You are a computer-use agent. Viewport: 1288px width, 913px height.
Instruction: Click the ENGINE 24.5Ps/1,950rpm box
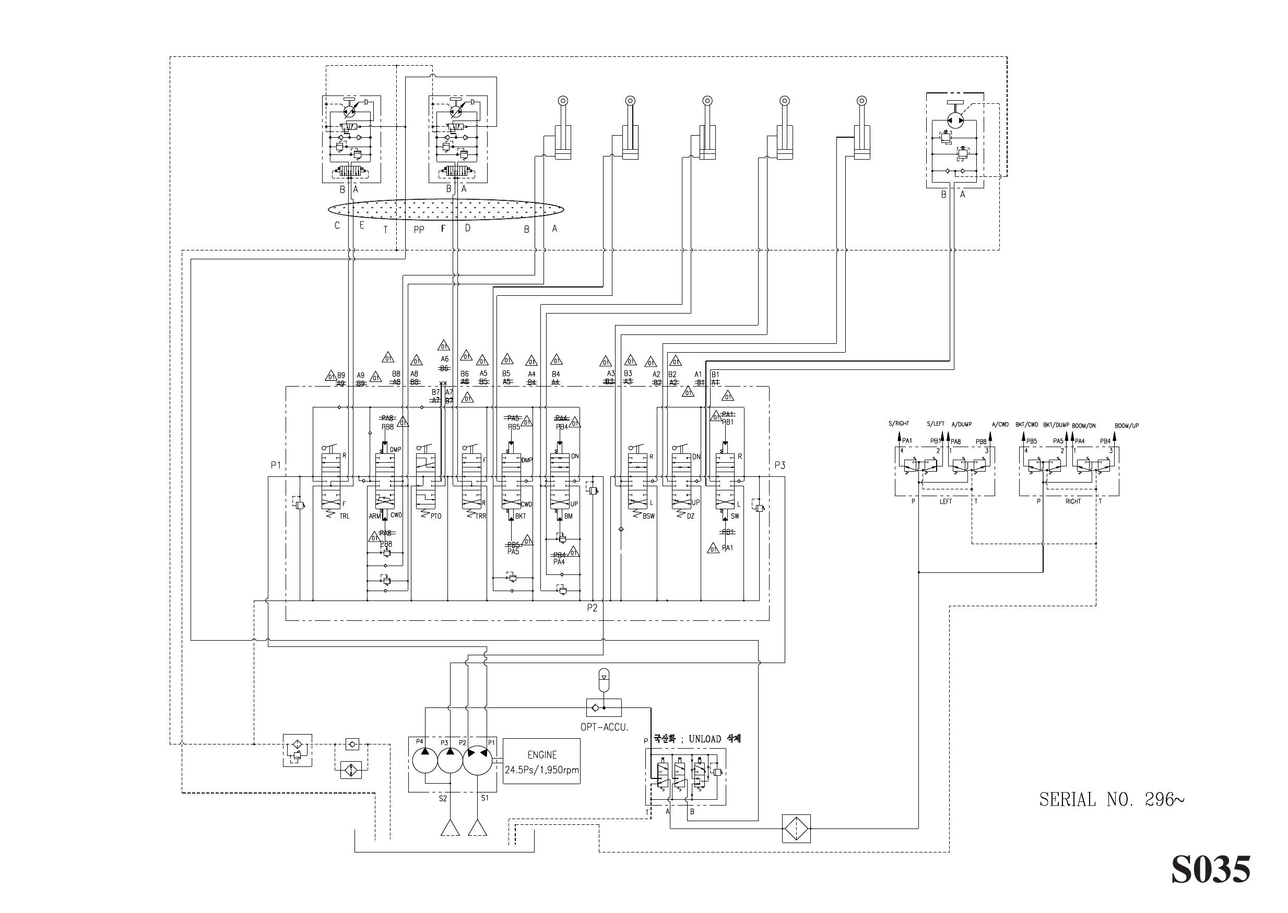point(541,762)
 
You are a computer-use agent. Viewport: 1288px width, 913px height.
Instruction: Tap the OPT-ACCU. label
point(604,727)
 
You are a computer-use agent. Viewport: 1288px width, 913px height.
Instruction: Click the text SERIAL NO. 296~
point(1112,800)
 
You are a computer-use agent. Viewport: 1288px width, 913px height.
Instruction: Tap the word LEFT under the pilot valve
point(946,501)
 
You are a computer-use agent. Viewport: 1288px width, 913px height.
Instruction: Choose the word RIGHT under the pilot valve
point(1072,501)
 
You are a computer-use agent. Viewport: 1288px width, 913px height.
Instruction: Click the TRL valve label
point(344,516)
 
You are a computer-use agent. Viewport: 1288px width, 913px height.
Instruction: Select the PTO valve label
point(436,516)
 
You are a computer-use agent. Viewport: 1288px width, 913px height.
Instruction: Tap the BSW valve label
point(648,516)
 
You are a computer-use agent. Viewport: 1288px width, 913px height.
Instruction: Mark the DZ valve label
point(691,516)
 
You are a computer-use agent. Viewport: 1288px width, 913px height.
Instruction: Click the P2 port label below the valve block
point(592,608)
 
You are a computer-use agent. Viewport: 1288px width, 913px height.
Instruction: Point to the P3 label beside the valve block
point(779,465)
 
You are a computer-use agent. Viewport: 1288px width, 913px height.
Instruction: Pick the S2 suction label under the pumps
point(443,798)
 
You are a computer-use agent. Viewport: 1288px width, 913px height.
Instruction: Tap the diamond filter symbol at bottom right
point(796,828)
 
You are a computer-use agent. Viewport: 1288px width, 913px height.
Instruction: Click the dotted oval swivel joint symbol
point(445,209)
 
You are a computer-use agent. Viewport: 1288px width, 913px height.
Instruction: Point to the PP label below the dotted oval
point(419,230)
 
